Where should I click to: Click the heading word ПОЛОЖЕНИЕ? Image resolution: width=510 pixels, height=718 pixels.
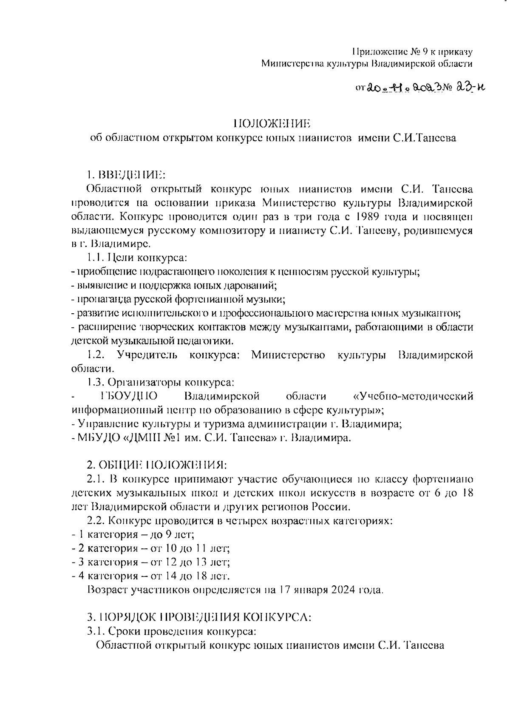click(x=272, y=124)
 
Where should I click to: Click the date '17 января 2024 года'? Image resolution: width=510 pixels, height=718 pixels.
click(x=331, y=590)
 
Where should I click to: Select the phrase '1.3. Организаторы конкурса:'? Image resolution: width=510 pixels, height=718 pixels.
click(x=161, y=382)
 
